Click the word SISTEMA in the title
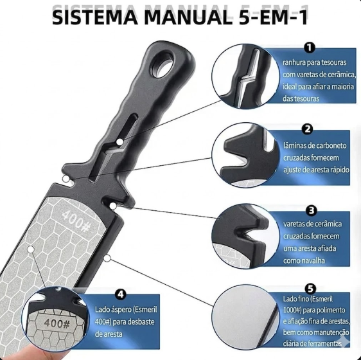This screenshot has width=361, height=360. pos(95,17)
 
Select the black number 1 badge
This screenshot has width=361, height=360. pos(309,48)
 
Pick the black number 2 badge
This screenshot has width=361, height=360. pos(308,129)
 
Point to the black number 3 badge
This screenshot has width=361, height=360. pos(312,210)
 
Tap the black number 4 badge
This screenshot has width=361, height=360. pos(120,294)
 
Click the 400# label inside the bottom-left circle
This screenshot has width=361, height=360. pos(57,323)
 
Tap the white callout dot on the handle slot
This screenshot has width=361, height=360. pos(119,142)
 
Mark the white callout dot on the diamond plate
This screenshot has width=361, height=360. pos(30,249)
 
